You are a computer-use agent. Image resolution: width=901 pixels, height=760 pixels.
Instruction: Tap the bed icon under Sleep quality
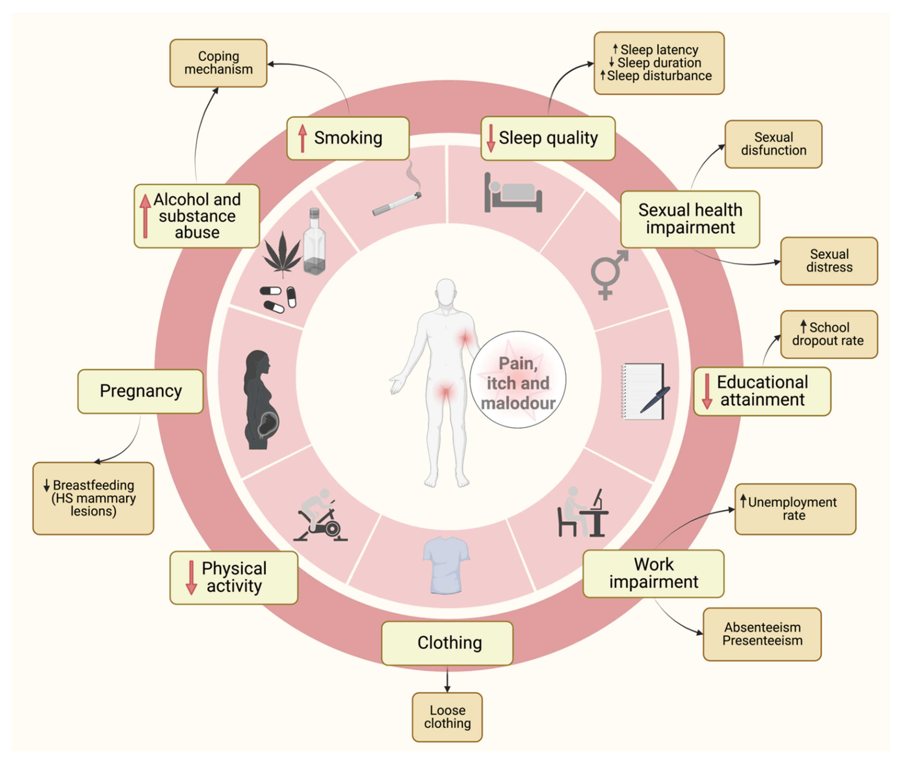coord(513,194)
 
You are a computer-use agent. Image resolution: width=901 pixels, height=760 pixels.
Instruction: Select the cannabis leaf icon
coord(282,254)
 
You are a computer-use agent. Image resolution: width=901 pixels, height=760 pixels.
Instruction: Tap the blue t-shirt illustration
coord(446,564)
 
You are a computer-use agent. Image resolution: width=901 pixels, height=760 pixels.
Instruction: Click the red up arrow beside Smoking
coord(303,138)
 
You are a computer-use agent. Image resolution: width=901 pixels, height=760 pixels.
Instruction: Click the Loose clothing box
coord(447,717)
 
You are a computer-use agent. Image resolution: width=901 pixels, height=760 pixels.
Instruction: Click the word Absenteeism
coord(762,627)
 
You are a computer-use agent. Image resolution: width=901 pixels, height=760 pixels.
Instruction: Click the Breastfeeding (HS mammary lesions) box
coord(93,498)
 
